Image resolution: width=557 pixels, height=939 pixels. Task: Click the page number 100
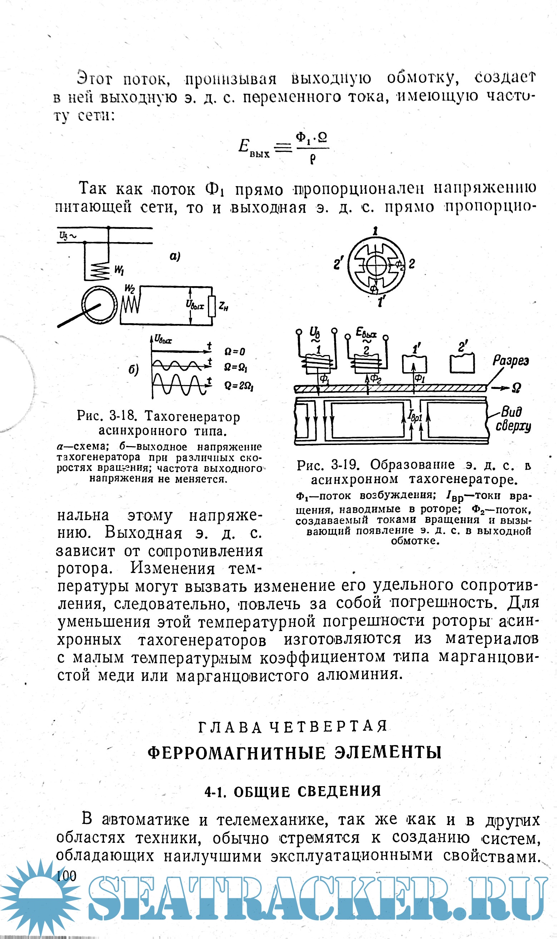[x=66, y=876]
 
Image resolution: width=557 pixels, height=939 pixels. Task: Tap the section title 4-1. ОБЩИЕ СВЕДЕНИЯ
[x=293, y=791]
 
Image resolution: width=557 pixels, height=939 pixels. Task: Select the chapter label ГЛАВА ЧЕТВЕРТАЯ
[x=293, y=726]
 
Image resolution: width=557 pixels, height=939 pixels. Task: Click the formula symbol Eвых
[x=254, y=148]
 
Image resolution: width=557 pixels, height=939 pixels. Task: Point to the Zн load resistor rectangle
[x=212, y=306]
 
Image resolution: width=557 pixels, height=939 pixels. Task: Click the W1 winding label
[x=119, y=270]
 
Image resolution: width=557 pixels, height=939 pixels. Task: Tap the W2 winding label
[x=129, y=288]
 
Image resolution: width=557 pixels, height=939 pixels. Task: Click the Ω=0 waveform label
[x=235, y=352]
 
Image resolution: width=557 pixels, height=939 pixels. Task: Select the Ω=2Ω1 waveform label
[x=239, y=386]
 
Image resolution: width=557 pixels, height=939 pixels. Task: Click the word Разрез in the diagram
[x=511, y=361]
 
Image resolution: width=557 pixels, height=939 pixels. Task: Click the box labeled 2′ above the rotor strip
[x=462, y=363]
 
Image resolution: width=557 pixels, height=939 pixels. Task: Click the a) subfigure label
[x=175, y=256]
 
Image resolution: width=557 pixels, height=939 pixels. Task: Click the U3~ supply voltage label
[x=68, y=236]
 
